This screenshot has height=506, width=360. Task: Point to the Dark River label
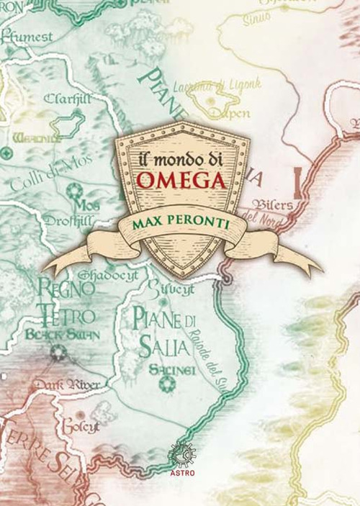[70, 386]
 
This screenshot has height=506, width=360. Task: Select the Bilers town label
[273, 204]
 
